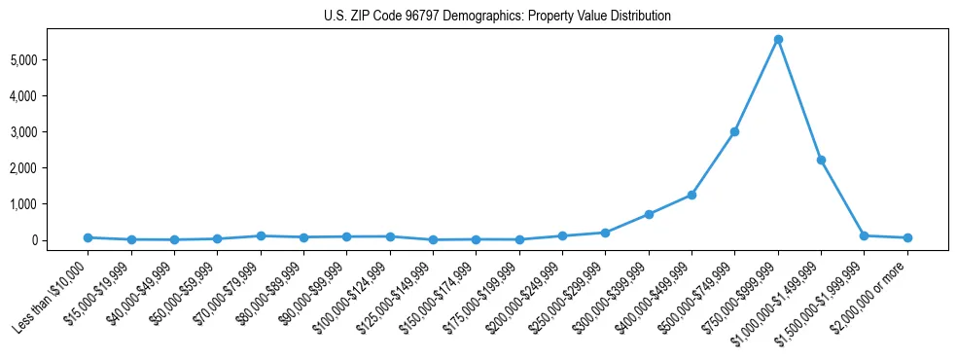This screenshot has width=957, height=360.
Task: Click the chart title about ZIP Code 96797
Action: [483, 16]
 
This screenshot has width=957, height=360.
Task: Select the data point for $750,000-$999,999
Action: [778, 39]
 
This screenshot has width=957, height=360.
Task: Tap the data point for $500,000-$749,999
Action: [735, 131]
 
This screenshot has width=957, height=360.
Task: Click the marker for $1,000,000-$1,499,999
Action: [821, 160]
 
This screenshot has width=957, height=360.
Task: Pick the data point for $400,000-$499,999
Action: [691, 195]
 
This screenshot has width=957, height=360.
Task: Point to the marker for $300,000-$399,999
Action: [649, 214]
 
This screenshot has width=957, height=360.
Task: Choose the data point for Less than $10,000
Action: [88, 237]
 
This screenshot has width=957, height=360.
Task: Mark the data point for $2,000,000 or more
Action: [907, 237]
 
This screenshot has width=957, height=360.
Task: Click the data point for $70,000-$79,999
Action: [261, 235]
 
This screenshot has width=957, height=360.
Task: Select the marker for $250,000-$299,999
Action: [605, 233]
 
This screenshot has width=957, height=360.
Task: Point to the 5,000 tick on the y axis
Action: [49, 60]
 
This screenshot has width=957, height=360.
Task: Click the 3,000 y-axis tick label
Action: [49, 132]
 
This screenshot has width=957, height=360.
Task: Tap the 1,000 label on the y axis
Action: [49, 204]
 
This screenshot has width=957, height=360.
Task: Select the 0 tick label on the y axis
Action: [60, 240]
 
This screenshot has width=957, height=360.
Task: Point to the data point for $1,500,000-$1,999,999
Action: [865, 235]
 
